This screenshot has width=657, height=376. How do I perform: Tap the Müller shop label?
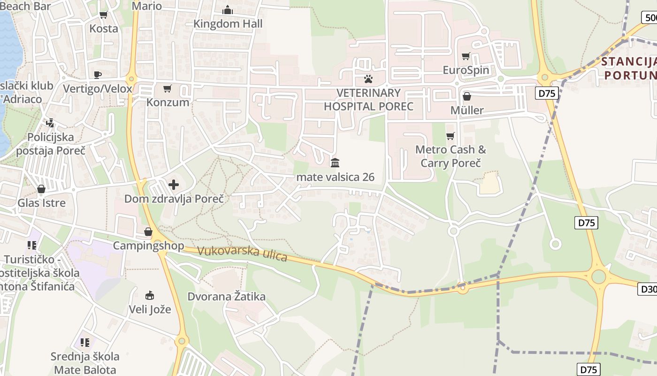coord(466,110)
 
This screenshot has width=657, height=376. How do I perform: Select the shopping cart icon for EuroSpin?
coord(466,56)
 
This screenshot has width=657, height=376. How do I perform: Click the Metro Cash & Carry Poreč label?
coord(451,157)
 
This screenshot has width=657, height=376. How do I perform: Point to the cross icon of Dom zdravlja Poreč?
coord(174,185)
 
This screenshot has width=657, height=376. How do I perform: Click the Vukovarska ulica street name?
coord(242,253)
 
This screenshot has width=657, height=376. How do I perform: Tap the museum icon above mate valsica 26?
coord(335,163)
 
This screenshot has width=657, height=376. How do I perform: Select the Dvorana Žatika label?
coord(226,297)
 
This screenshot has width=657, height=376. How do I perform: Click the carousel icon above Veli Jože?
coord(150,296)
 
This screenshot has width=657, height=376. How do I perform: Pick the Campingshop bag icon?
coord(148,232)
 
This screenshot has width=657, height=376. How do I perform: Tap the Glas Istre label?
coord(41,203)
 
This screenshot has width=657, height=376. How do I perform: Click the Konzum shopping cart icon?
coord(168,88)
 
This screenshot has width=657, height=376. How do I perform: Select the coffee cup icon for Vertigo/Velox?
coord(98,75)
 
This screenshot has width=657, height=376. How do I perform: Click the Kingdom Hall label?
coord(228,23)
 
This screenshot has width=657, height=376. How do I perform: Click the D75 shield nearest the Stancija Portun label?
coord(547,93)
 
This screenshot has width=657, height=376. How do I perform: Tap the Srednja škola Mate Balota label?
coord(85,363)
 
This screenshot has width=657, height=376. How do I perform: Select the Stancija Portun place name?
coord(629,68)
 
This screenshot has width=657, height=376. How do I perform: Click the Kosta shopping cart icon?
coord(103,15)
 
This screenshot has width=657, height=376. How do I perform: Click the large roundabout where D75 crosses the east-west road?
coord(598,276)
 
